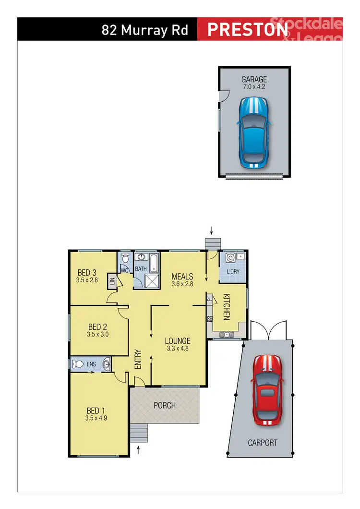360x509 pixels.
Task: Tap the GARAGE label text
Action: tap(254, 79)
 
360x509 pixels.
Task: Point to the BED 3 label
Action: tap(87, 272)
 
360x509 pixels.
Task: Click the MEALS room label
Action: tap(182, 277)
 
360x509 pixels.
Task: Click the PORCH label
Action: tap(164, 405)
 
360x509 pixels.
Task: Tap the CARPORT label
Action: tap(263, 443)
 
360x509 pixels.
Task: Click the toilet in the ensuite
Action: tap(77, 364)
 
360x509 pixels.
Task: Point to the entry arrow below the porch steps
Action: tap(139, 450)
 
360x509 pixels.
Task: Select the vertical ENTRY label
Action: tap(138, 359)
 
